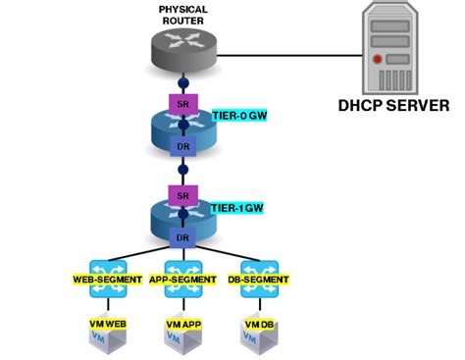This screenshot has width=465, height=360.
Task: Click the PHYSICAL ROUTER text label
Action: [183, 16]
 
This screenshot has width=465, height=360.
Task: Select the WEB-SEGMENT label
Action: [103, 280]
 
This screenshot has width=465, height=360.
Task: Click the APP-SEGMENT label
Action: [183, 280]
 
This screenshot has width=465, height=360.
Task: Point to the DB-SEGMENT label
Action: [259, 280]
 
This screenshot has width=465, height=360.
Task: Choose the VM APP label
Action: [183, 323]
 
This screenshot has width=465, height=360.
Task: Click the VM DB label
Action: [259, 323]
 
